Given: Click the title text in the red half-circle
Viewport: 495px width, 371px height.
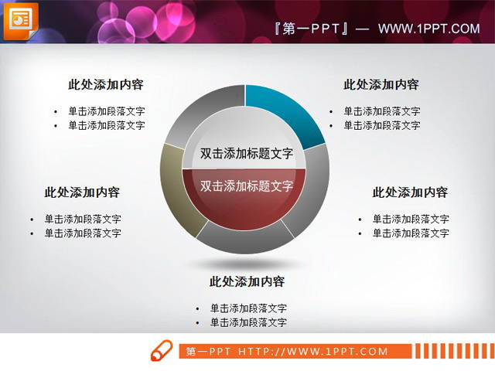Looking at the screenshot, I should click(x=246, y=186).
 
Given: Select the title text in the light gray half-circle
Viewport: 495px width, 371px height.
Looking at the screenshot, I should click(x=246, y=153).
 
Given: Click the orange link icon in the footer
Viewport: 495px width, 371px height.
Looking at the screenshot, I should click(x=161, y=349).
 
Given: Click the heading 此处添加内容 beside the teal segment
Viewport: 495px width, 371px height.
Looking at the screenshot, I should click(x=381, y=85).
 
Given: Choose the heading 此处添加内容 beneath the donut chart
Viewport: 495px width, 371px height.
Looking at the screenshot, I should click(x=247, y=282).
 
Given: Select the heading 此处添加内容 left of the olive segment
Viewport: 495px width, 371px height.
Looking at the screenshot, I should click(x=82, y=192).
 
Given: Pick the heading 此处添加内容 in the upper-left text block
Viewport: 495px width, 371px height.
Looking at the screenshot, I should click(x=106, y=85).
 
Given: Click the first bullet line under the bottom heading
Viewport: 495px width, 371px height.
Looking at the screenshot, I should click(x=247, y=308).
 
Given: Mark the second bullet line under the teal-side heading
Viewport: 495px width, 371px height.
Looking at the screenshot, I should click(x=381, y=125).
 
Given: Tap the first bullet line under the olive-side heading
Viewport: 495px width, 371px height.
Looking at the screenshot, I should click(x=82, y=220).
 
